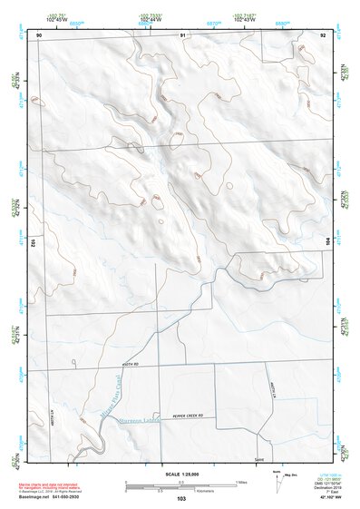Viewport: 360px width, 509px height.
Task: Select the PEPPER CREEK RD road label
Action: pos(184,416)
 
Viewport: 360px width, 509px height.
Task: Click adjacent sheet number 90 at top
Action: pos(39,34)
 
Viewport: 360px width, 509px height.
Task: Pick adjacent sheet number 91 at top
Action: pos(182,34)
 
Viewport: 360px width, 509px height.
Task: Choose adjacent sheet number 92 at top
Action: pos(323,34)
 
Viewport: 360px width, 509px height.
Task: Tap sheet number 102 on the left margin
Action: pos(32,243)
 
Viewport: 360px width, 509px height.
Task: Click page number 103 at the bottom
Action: pos(181,498)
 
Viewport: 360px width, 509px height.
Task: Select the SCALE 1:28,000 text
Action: pos(180,475)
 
